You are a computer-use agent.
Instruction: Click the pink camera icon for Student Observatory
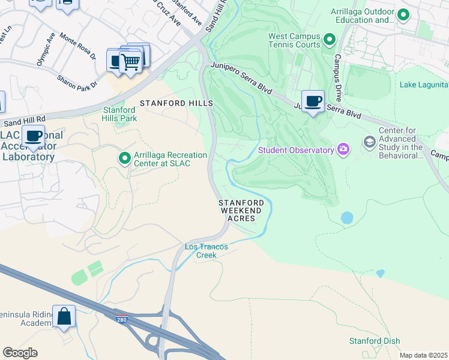343,149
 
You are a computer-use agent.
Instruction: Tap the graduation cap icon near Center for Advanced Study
369,142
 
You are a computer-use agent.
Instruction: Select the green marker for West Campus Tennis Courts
329,40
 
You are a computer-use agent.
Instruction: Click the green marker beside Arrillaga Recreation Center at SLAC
125,158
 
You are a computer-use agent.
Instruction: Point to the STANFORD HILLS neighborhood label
176,103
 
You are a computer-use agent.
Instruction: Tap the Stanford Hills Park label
120,114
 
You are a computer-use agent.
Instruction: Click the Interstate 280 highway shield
121,319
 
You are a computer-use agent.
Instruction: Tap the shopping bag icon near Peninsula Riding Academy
64,316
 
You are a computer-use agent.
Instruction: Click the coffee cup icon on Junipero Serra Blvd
312,101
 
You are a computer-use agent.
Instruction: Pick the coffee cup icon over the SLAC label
34,136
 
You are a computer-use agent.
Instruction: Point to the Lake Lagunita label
424,85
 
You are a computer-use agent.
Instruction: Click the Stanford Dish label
375,341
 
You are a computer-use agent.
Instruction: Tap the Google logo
20,352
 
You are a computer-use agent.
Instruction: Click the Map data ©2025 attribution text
423,355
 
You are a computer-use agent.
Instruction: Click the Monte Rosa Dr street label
77,47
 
